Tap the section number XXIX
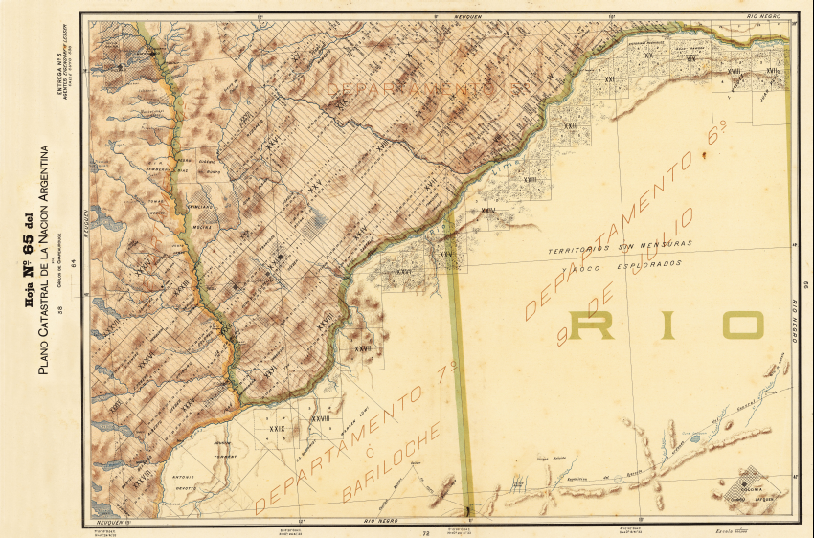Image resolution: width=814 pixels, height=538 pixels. pyautogui.click(x=278, y=427)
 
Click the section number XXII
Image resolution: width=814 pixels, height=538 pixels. pyautogui.click(x=569, y=126)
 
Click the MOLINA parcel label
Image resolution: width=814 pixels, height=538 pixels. pyautogui.click(x=202, y=227)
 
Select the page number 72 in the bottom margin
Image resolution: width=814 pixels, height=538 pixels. pyautogui.click(x=424, y=531)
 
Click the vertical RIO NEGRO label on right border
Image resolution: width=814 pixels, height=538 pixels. pyautogui.click(x=795, y=321)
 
